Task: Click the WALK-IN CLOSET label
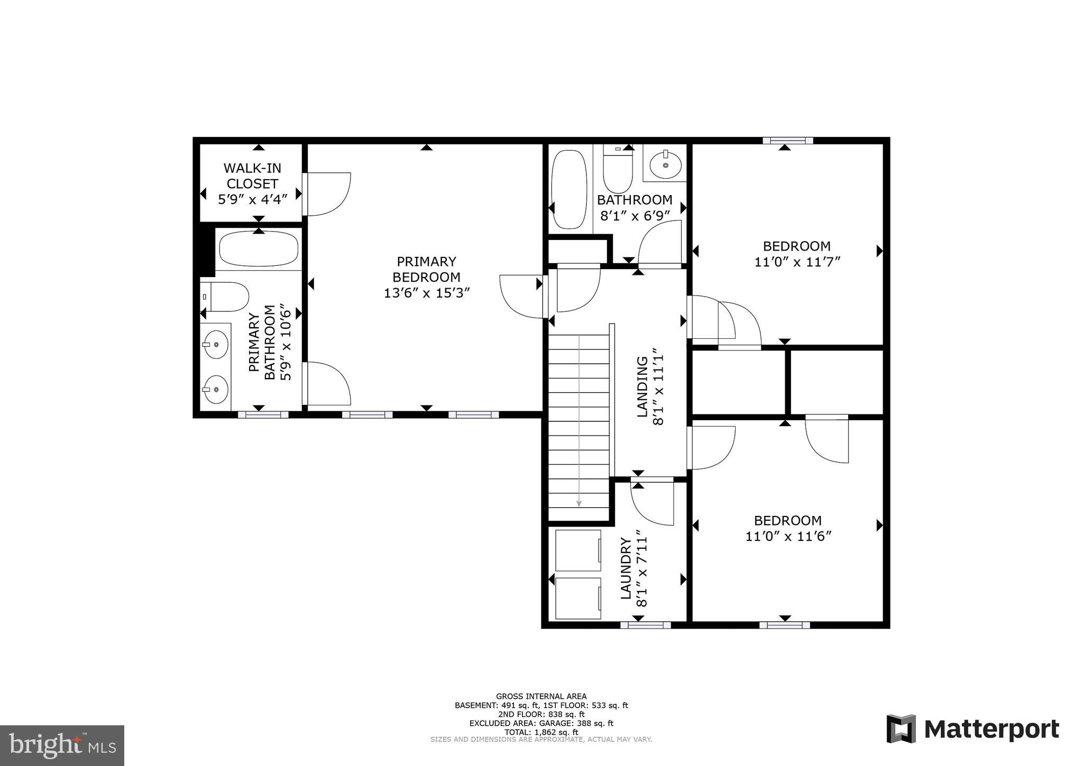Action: coord(252,176)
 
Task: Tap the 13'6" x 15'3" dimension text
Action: coord(426,292)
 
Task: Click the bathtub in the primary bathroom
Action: coord(259,248)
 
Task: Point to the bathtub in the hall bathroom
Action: coord(569,189)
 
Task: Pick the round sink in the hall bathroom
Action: coord(665,164)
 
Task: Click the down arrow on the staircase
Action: coord(579,503)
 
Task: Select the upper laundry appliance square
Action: coord(579,550)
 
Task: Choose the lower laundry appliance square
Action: coord(579,598)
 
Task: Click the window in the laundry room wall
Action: coord(645,625)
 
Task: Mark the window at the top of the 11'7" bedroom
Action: coord(787,141)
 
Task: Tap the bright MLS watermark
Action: coord(62,745)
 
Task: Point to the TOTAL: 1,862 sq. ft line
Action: coord(541,732)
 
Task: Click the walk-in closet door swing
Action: coord(328,194)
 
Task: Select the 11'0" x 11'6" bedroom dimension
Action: coord(788,536)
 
